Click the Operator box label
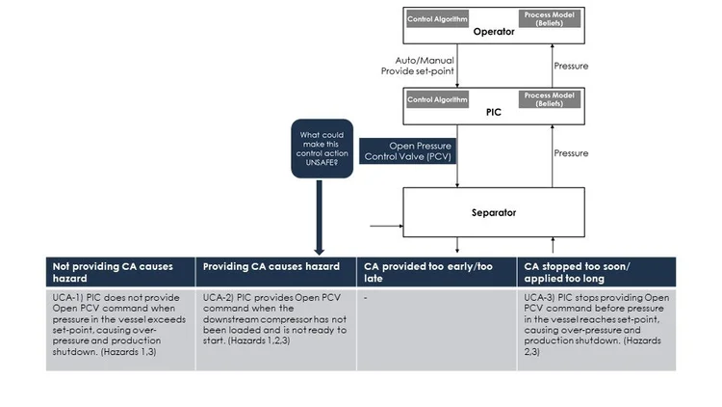coord(493,31)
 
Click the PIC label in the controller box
coord(493,112)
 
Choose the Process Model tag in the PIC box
coord(550,98)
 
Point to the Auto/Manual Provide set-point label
coord(417,65)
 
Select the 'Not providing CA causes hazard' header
coord(119,270)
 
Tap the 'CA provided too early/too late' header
coord(436,270)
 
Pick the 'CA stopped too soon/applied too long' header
coord(597,270)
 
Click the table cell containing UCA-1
coord(119,328)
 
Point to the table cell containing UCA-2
coord(275,328)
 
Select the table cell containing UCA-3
coord(597,328)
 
